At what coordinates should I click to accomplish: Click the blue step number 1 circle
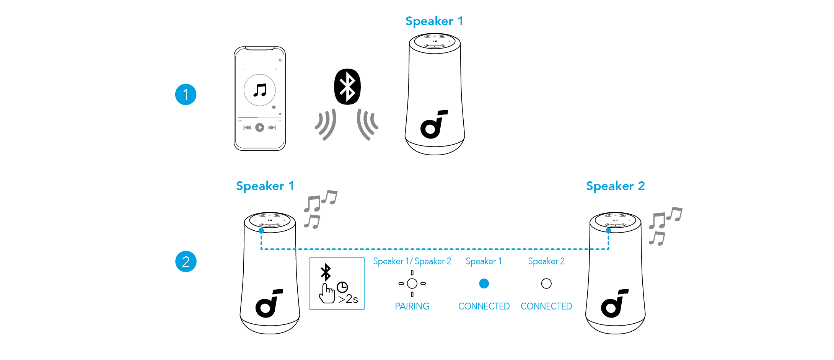click(x=186, y=94)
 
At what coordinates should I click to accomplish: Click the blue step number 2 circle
click(x=186, y=262)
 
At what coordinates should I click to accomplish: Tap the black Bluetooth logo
click(x=347, y=86)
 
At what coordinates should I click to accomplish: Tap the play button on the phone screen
click(x=259, y=127)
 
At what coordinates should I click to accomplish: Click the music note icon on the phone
click(x=260, y=90)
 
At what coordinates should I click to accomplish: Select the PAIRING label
click(x=412, y=306)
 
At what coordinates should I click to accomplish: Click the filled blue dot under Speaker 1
click(x=484, y=283)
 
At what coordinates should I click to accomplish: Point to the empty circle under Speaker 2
click(x=546, y=283)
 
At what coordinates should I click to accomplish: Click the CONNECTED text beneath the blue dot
click(x=484, y=306)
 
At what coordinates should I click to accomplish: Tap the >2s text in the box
click(x=348, y=299)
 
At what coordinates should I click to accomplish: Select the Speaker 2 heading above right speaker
click(x=615, y=186)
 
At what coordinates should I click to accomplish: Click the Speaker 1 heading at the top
click(x=434, y=21)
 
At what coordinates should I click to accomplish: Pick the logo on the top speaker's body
click(x=433, y=124)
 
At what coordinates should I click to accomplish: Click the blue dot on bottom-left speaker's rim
click(x=261, y=231)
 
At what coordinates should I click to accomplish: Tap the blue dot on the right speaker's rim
click(x=608, y=230)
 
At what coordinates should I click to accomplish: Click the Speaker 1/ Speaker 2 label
click(x=412, y=261)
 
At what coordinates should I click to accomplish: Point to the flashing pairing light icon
click(x=412, y=283)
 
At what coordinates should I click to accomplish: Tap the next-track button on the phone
click(x=272, y=127)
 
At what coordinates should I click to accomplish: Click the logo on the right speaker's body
click(x=614, y=303)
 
